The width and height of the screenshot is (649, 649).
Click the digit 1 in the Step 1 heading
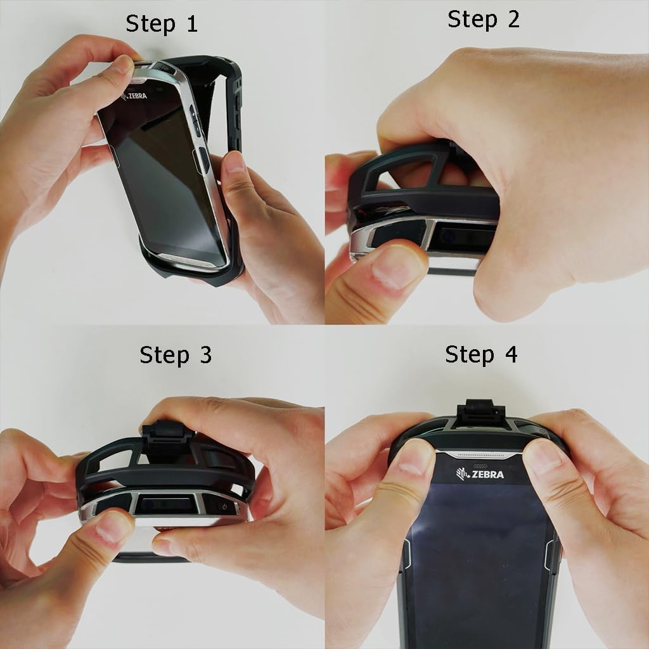point(191,24)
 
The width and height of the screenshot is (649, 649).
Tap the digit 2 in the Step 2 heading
point(513,20)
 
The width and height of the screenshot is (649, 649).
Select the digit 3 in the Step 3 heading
point(206,355)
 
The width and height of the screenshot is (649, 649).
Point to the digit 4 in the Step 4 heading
point(511,355)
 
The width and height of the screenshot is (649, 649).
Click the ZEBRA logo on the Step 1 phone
point(134,96)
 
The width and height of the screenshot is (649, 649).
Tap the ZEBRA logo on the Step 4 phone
point(480,474)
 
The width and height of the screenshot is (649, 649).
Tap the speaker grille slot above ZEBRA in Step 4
point(480,455)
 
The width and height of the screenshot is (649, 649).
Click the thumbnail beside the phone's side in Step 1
point(235,162)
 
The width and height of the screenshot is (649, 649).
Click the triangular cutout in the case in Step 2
point(399,170)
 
